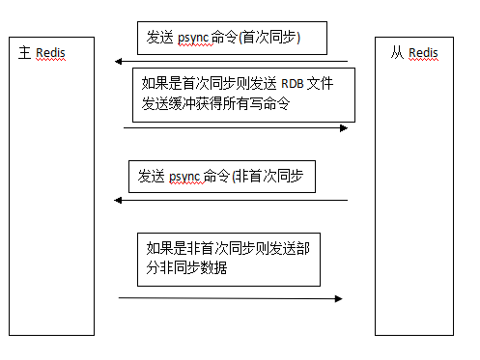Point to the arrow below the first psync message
point(231,62)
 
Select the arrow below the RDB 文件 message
point(236,127)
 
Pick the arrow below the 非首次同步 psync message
point(231,201)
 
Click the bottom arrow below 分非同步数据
point(230,298)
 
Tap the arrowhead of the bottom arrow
point(338,298)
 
